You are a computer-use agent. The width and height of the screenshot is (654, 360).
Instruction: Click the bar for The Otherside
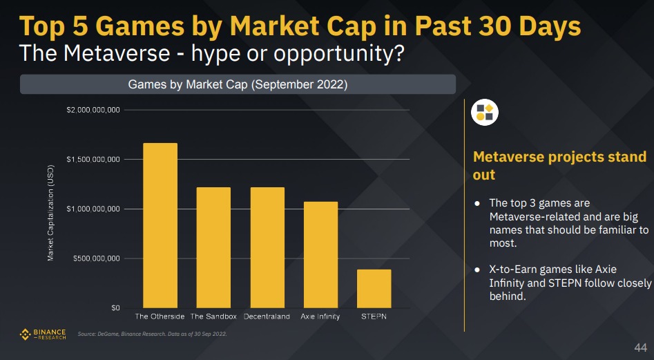(x=160, y=225)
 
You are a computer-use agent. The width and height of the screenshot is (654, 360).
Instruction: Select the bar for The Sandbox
(x=213, y=247)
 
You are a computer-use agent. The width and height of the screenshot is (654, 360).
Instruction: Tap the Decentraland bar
(x=267, y=247)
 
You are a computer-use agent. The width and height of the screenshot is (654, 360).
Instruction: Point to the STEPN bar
(x=374, y=288)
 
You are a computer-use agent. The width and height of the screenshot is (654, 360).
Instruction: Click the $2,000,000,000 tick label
(x=94, y=110)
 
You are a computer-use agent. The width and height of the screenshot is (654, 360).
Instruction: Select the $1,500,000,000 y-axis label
(x=94, y=160)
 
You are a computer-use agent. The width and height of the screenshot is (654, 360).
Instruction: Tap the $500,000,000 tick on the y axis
(x=97, y=258)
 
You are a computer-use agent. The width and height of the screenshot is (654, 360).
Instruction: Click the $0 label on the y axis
(x=115, y=307)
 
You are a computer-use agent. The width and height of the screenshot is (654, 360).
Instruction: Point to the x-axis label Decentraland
(x=267, y=316)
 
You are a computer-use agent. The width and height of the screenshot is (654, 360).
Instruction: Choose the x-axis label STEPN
(x=374, y=316)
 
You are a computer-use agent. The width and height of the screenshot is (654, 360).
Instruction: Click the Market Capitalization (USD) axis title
(x=50, y=212)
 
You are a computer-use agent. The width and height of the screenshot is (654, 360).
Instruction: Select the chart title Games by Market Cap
(x=238, y=85)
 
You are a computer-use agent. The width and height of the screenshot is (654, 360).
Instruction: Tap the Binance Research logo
(x=43, y=334)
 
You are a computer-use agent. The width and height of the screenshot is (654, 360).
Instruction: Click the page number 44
(x=640, y=347)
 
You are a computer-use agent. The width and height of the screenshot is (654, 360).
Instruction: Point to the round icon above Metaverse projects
(x=485, y=112)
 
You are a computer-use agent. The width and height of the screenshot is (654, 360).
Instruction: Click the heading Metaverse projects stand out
(x=559, y=166)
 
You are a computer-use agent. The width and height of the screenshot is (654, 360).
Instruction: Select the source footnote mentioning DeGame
(x=152, y=334)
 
